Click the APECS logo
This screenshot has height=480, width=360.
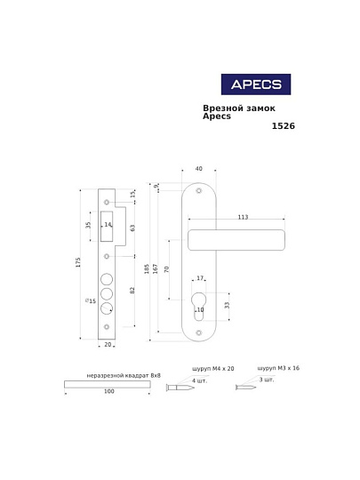tap(255, 84)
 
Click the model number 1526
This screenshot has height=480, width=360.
tap(283, 126)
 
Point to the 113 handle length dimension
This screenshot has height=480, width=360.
tap(243, 217)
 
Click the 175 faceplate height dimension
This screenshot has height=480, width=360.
tap(78, 262)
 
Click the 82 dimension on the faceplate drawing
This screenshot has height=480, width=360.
tap(132, 291)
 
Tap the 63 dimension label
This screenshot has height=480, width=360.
tap(132, 228)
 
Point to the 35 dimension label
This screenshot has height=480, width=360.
tap(88, 226)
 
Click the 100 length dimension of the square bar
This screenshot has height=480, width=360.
tap(109, 391)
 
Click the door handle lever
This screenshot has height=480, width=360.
tap(236, 239)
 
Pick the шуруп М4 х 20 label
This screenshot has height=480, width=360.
tap(212, 368)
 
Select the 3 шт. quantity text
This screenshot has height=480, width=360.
tap(266, 380)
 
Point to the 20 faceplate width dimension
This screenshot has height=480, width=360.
tap(108, 344)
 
